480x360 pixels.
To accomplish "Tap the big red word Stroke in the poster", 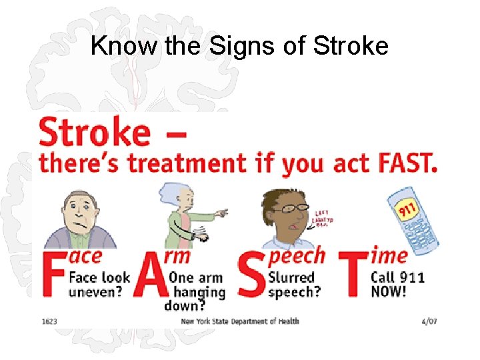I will pyautogui.click(x=95, y=132).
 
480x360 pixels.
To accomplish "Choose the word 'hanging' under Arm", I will pyautogui.click(x=199, y=292).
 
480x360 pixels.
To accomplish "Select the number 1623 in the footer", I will pyautogui.click(x=49, y=321).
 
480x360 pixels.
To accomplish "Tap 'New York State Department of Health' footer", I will pyautogui.click(x=240, y=321).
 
